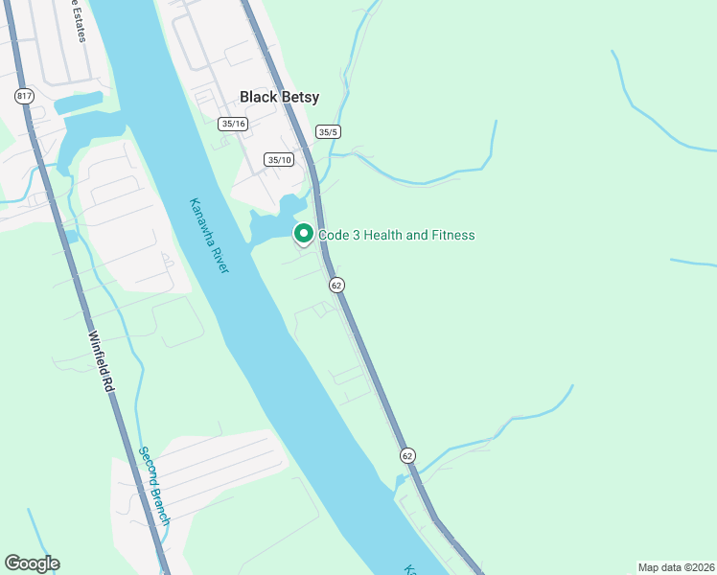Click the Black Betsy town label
[x=279, y=97]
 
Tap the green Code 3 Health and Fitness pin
[x=304, y=234]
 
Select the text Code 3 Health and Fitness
[x=396, y=235]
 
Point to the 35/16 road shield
[x=233, y=124]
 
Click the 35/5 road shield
[x=328, y=132]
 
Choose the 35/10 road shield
[x=280, y=160]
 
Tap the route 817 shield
[x=23, y=96]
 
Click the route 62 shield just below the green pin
[x=335, y=285]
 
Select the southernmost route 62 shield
[x=408, y=455]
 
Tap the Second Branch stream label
[x=153, y=486]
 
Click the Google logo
[x=32, y=563]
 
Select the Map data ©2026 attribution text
[x=676, y=567]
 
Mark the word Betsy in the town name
[x=300, y=97]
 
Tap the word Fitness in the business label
[x=451, y=235]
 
